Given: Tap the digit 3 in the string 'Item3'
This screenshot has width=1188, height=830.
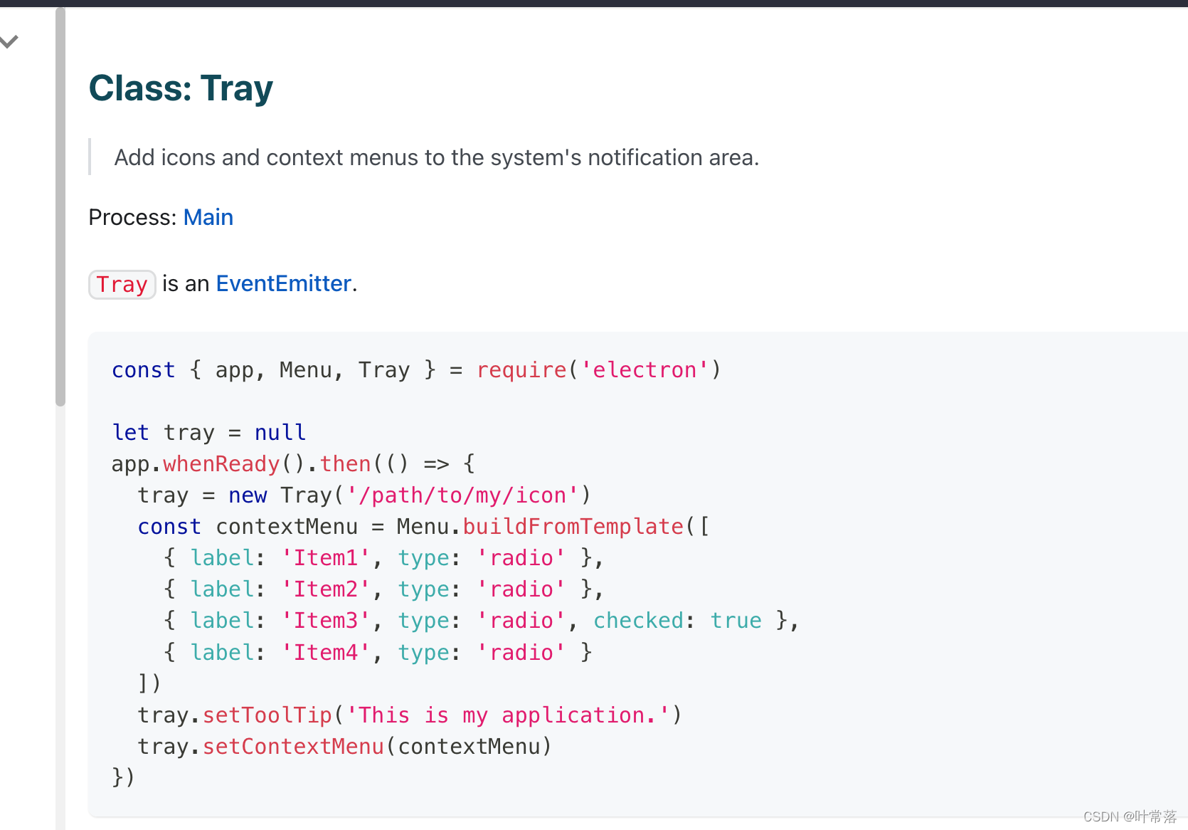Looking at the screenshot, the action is (x=351, y=621).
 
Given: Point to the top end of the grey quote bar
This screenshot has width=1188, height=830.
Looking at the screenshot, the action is (x=90, y=139).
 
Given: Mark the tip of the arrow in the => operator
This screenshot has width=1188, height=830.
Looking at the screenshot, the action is (x=449, y=464).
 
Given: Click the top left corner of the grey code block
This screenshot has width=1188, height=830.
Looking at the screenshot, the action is (x=89, y=332).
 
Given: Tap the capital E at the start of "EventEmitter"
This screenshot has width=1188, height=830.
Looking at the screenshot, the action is (x=222, y=283).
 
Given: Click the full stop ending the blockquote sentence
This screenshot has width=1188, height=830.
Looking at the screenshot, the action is (x=756, y=165).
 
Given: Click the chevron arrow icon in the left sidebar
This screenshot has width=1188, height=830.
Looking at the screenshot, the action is (x=9, y=41).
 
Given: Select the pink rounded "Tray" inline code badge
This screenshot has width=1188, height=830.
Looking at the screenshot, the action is (x=122, y=285).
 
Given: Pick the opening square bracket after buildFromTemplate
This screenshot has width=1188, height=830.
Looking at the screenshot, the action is (x=704, y=527).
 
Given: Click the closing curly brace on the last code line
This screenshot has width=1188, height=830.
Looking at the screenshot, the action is (x=117, y=777).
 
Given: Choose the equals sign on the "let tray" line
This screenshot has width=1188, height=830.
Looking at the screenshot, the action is (x=235, y=433).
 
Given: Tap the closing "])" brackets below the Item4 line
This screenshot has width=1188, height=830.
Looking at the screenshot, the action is (x=149, y=683).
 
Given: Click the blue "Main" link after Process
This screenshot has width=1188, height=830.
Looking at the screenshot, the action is (x=208, y=218).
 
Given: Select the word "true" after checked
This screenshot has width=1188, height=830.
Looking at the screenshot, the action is (x=736, y=621).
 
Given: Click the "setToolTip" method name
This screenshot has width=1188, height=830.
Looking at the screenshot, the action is (x=267, y=715).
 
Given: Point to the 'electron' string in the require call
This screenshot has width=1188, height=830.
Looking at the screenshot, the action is (x=645, y=370).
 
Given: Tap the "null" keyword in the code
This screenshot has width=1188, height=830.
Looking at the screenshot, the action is (x=280, y=433).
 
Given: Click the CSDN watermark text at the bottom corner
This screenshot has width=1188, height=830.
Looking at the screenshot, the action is (x=1130, y=816).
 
